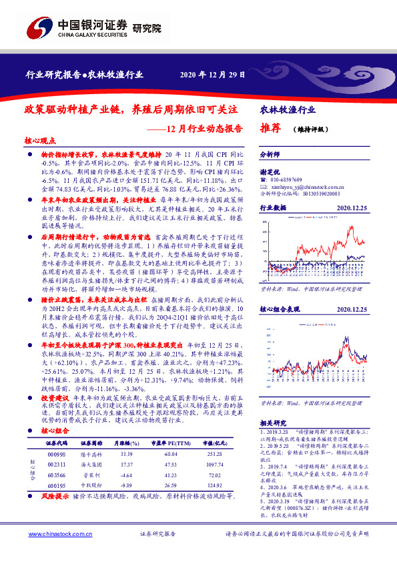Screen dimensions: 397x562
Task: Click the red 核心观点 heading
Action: coord(40,141)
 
